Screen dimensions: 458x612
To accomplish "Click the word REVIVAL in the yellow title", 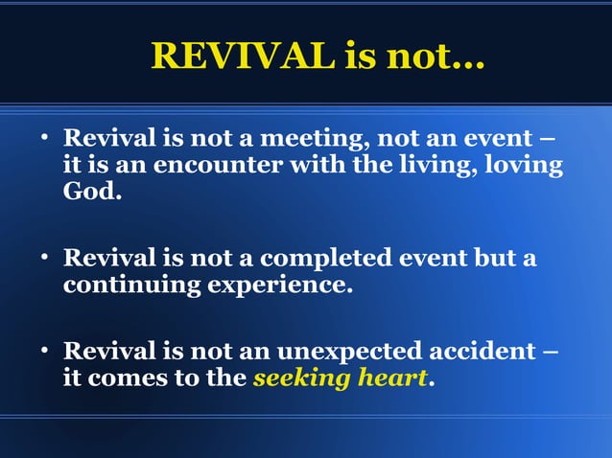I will click(241, 57).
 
